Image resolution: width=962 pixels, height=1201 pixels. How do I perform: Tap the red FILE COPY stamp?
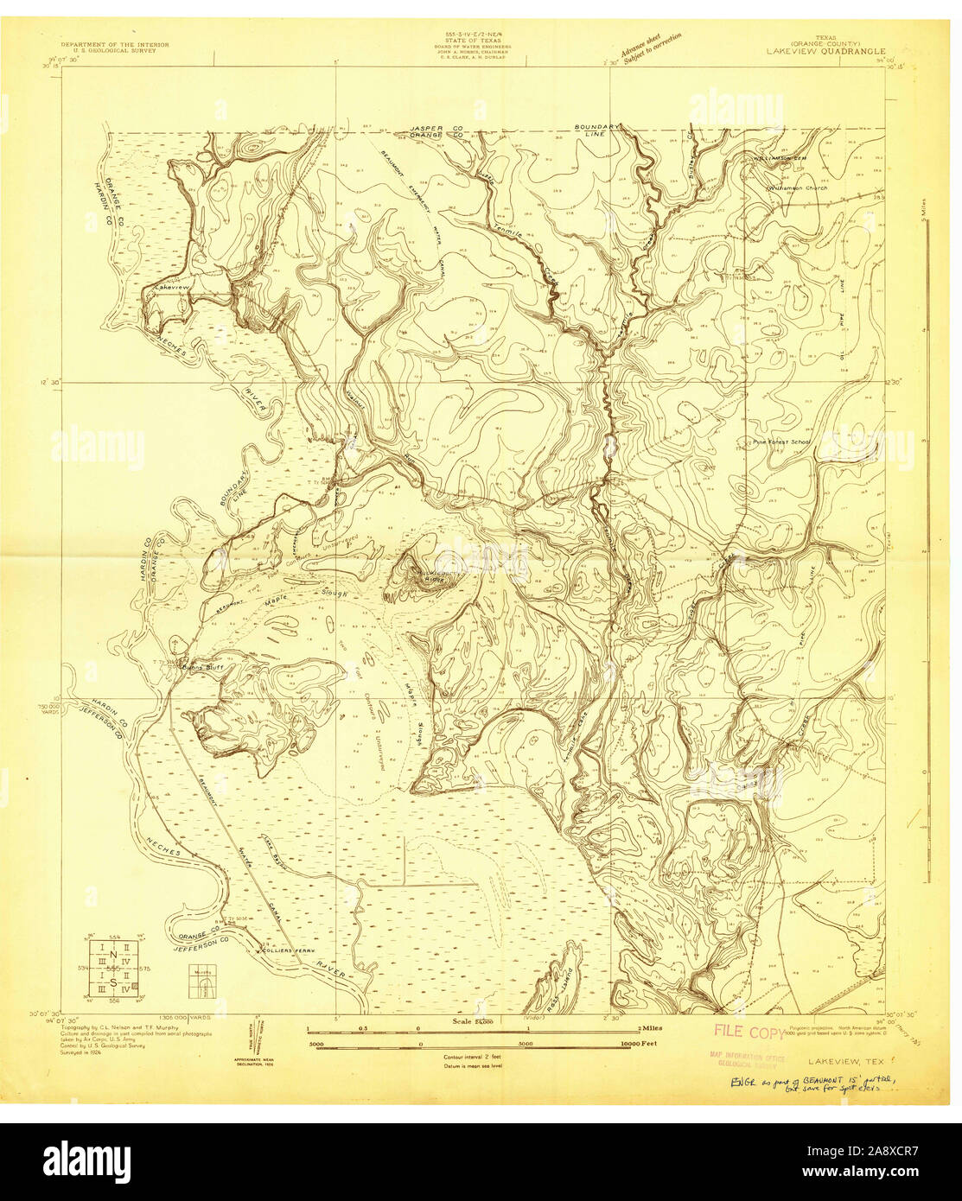point(749,1032)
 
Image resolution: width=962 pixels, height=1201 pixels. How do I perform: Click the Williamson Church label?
point(797,187)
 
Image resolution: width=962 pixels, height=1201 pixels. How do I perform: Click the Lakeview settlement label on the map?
point(170,286)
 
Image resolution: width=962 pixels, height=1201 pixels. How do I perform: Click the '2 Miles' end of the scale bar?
point(649,1028)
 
